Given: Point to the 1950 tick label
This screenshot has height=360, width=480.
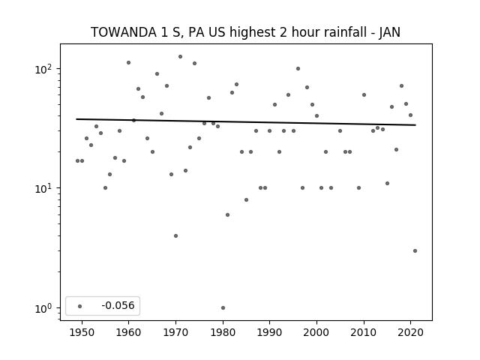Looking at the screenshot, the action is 82,333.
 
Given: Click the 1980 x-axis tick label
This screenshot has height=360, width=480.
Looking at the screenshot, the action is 223,333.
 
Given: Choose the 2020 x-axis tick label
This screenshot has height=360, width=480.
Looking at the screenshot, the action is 410,333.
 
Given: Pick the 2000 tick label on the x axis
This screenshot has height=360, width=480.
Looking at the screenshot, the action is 316,333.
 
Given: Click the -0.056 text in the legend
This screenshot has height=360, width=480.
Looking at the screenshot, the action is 118,305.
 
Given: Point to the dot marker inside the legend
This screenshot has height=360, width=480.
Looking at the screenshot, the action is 80,306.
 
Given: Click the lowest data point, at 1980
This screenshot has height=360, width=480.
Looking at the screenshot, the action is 223,308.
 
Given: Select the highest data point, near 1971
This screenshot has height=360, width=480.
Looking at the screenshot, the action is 180,57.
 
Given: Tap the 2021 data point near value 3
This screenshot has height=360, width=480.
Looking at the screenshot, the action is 415,251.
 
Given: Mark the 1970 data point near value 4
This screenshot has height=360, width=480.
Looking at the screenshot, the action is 175,236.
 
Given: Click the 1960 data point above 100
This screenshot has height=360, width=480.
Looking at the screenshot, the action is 128,63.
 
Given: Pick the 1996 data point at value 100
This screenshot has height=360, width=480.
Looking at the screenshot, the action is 298,69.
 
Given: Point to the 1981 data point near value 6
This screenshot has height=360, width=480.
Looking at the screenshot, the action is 227,215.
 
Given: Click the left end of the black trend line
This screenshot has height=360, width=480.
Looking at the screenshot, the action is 76,119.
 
